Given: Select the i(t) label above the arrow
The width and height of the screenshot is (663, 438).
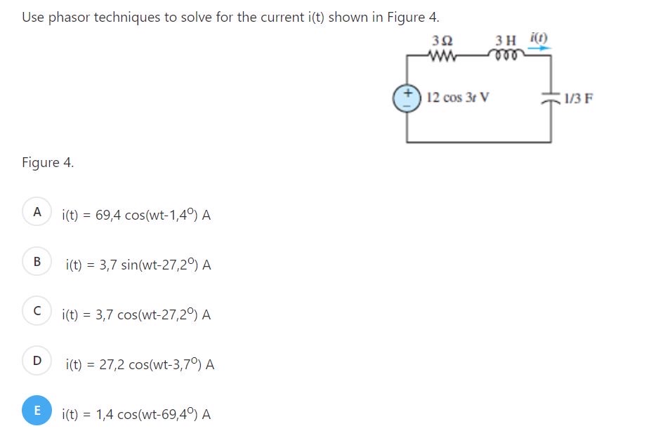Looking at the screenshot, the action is click(539, 38).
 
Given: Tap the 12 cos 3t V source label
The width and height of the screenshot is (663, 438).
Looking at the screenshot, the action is click(458, 98).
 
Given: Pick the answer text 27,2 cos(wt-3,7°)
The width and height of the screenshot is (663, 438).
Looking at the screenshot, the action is click(140, 364).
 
